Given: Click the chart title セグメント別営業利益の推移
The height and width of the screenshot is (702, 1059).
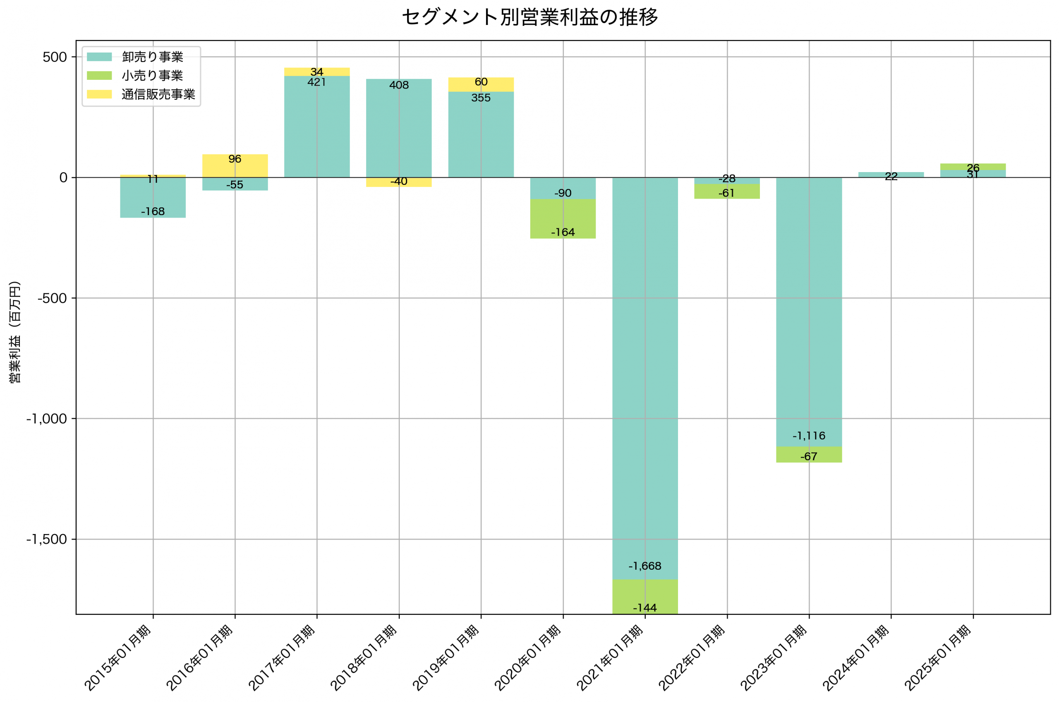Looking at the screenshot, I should [529, 17].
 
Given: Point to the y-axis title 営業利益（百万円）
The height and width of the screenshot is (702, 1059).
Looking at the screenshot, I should [15, 332].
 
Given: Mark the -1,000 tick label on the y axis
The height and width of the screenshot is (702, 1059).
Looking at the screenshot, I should [47, 419].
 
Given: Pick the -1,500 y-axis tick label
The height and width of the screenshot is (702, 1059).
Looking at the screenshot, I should [47, 539].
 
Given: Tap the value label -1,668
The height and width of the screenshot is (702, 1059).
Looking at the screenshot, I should [645, 566].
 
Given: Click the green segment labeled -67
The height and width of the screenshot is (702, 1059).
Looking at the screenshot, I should [809, 455].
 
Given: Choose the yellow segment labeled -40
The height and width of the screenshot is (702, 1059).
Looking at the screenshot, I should [399, 182].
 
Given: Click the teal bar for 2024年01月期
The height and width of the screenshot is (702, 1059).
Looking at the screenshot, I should [891, 175].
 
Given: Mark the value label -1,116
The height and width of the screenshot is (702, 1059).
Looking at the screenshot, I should [809, 436].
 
